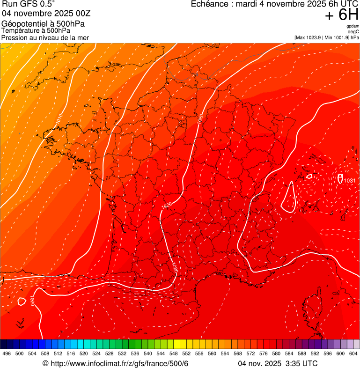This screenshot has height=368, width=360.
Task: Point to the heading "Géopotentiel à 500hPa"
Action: click(x=43, y=24)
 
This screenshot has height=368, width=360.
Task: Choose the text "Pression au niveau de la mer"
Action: click(x=45, y=37)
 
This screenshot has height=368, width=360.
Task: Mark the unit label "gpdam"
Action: click(x=353, y=26)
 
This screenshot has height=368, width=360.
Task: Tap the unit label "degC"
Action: click(x=353, y=31)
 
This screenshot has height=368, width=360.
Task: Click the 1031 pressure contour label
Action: click(x=349, y=181)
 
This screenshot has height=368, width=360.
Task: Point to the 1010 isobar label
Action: click(x=59, y=119)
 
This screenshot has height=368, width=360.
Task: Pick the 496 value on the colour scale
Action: click(x=7, y=354)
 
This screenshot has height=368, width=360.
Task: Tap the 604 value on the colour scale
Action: click(x=353, y=354)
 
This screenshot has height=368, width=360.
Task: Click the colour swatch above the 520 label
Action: click(x=84, y=344)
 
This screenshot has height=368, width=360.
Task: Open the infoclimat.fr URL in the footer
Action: click(x=115, y=364)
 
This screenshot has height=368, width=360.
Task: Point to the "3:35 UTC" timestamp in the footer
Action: click(x=301, y=364)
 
